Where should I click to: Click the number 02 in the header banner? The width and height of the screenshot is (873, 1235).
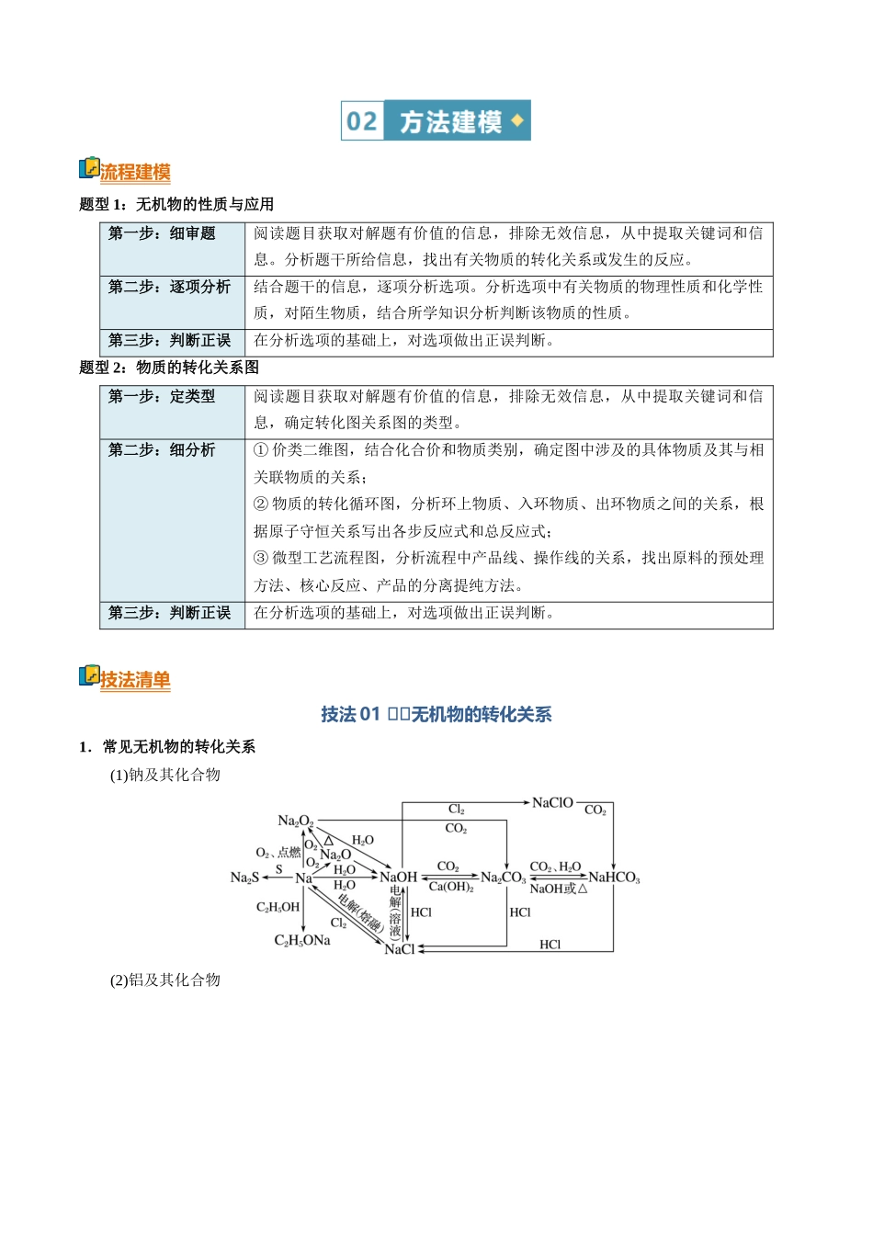362,121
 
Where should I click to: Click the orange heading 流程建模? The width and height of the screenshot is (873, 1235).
135,172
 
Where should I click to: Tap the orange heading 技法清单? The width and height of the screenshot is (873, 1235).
135,680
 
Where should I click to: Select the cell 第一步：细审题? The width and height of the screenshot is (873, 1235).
162,233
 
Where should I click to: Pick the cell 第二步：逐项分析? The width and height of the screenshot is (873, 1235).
170,287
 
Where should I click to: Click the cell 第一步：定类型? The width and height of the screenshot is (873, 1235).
162,396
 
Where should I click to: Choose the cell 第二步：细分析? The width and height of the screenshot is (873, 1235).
162,449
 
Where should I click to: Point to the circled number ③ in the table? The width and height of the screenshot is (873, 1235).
261,558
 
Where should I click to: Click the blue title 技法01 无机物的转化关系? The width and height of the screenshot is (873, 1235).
436,714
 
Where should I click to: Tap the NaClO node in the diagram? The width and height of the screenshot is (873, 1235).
552,803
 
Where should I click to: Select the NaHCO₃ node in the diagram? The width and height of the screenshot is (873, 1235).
614,878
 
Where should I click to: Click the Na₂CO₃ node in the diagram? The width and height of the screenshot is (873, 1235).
503,878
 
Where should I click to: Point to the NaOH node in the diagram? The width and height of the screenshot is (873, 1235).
399,878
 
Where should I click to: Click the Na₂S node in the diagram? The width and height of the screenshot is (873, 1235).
244,878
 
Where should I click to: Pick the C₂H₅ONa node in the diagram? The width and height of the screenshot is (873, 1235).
302,940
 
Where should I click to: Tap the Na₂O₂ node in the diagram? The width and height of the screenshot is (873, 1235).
296,821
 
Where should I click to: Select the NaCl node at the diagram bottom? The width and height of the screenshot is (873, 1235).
400,949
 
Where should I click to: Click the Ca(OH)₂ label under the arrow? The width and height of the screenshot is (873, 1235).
451,887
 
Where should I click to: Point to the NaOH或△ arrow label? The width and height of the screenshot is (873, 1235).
558,889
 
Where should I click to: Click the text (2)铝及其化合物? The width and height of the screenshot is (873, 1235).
165,980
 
